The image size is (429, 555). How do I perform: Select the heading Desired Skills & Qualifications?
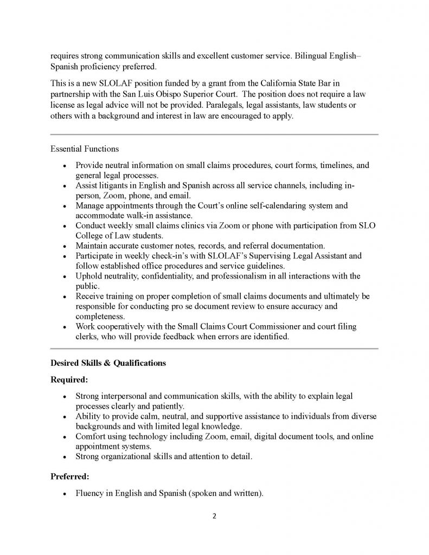click(x=108, y=363)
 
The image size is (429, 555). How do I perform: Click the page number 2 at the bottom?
click(x=214, y=516)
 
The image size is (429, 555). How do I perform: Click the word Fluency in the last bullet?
click(x=91, y=494)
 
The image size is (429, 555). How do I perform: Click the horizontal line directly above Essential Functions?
click(x=214, y=134)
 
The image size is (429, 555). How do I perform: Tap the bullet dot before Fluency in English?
click(x=65, y=495)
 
